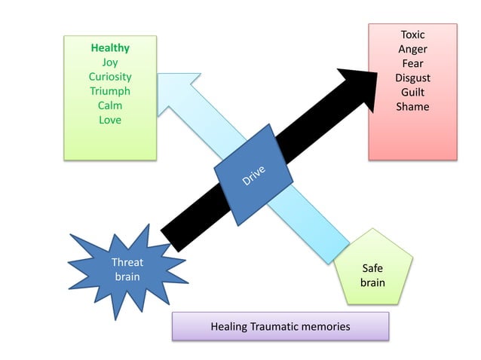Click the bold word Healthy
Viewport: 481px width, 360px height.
[110, 48]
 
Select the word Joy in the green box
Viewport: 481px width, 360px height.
[110, 63]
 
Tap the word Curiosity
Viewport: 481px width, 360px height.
[110, 77]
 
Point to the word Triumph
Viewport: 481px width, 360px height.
[110, 91]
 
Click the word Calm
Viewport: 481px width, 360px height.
[110, 105]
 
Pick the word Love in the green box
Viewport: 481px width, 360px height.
[110, 120]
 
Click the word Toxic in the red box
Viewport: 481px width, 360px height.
[412, 35]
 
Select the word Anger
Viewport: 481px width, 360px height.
[412, 49]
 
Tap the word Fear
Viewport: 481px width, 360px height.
[412, 63]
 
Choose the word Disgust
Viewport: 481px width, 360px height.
[412, 78]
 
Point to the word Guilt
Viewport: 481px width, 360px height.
[412, 92]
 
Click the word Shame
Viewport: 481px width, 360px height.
[412, 106]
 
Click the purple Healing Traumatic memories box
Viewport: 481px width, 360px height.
[280, 327]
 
